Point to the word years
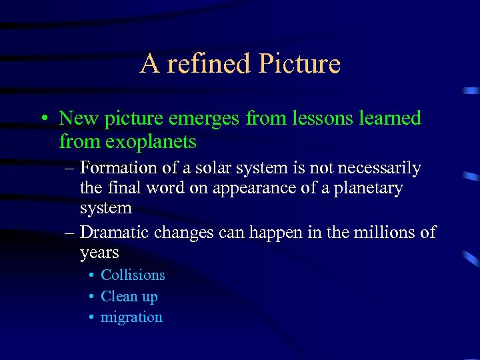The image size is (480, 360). click(99, 253)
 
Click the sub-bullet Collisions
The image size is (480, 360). click(133, 275)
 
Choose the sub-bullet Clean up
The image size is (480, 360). click(129, 297)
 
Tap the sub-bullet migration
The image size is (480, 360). click(131, 317)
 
